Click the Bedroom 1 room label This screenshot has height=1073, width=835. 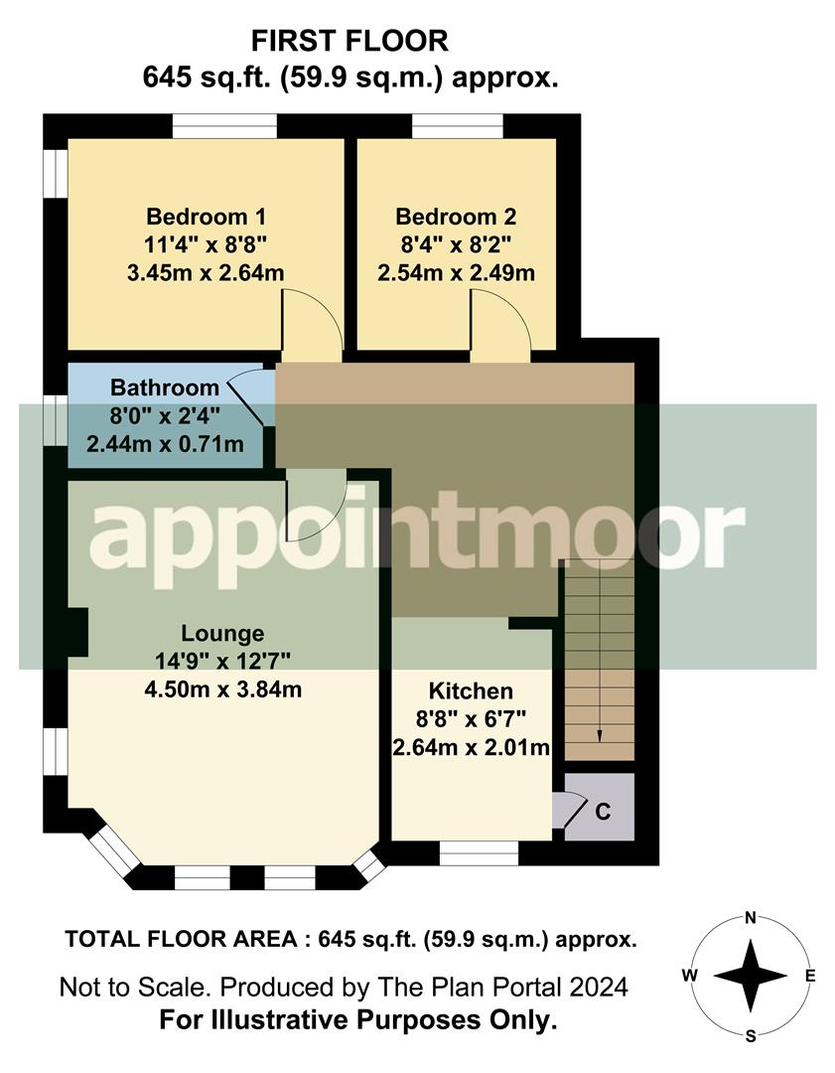[206, 217]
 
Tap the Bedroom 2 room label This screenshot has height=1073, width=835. [456, 217]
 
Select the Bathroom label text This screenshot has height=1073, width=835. [165, 387]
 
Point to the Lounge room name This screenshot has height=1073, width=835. [222, 633]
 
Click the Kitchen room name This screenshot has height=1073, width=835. [471, 690]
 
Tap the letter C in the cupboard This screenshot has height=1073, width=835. [603, 810]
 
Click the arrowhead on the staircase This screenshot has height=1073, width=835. [600, 735]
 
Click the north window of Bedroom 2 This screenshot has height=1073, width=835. [458, 126]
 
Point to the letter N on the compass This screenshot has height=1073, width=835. [752, 917]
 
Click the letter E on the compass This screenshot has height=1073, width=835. [809, 976]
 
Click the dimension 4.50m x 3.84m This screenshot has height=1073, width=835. [222, 689]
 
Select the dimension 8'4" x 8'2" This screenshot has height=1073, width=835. [456, 244]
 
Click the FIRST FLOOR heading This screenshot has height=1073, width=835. [349, 41]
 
